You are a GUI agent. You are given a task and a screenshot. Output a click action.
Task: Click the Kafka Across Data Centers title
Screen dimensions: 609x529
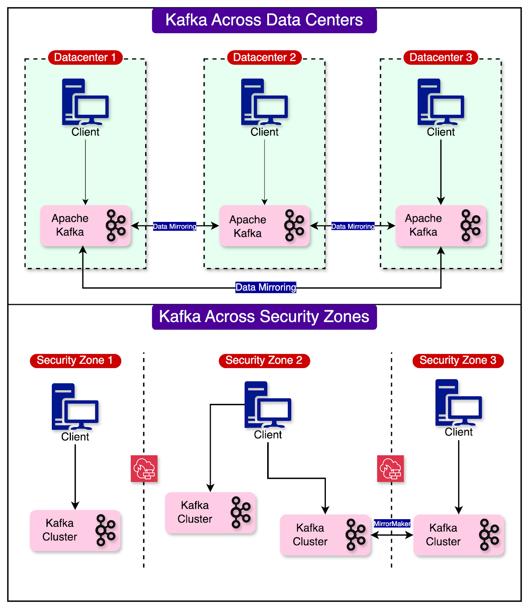coord(264,20)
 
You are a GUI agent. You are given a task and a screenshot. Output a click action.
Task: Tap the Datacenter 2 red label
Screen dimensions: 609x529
coord(264,57)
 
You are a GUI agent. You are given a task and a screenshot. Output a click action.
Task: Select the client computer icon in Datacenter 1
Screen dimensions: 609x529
coord(85,102)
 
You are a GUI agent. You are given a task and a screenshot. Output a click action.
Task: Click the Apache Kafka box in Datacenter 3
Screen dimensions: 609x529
coord(441,226)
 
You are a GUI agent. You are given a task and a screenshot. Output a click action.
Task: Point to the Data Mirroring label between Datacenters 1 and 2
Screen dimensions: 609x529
coord(175,226)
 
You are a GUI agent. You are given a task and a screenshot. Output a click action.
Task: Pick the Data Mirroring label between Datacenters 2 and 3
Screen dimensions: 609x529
coord(353,226)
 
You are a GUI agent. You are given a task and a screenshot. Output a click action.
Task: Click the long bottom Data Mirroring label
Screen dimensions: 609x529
coord(266,287)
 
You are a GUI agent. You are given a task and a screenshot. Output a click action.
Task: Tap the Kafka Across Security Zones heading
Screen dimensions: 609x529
coord(264,317)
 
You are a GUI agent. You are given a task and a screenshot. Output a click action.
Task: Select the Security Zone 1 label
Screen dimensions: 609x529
coord(75,360)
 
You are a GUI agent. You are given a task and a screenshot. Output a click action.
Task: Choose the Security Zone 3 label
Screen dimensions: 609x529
coord(458,360)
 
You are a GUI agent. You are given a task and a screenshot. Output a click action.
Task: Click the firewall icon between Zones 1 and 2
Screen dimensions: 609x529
coord(144,469)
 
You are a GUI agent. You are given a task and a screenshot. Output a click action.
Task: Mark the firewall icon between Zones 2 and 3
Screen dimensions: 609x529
coord(390,469)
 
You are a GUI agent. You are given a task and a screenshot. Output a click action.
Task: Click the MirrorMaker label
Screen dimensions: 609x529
coord(392,524)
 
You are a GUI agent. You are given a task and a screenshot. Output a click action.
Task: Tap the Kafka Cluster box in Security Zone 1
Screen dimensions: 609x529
coord(75,530)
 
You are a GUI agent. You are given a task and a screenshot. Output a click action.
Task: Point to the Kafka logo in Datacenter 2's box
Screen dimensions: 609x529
coord(294,225)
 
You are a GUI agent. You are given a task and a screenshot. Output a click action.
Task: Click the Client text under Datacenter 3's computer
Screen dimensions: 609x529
coord(441,132)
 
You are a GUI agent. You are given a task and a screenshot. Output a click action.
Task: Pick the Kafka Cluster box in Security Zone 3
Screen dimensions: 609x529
coord(458,535)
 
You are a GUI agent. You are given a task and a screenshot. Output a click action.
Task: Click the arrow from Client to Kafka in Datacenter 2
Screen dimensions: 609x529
coord(264,171)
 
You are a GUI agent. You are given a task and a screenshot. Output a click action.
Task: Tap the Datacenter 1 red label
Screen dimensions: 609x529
coord(85,57)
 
